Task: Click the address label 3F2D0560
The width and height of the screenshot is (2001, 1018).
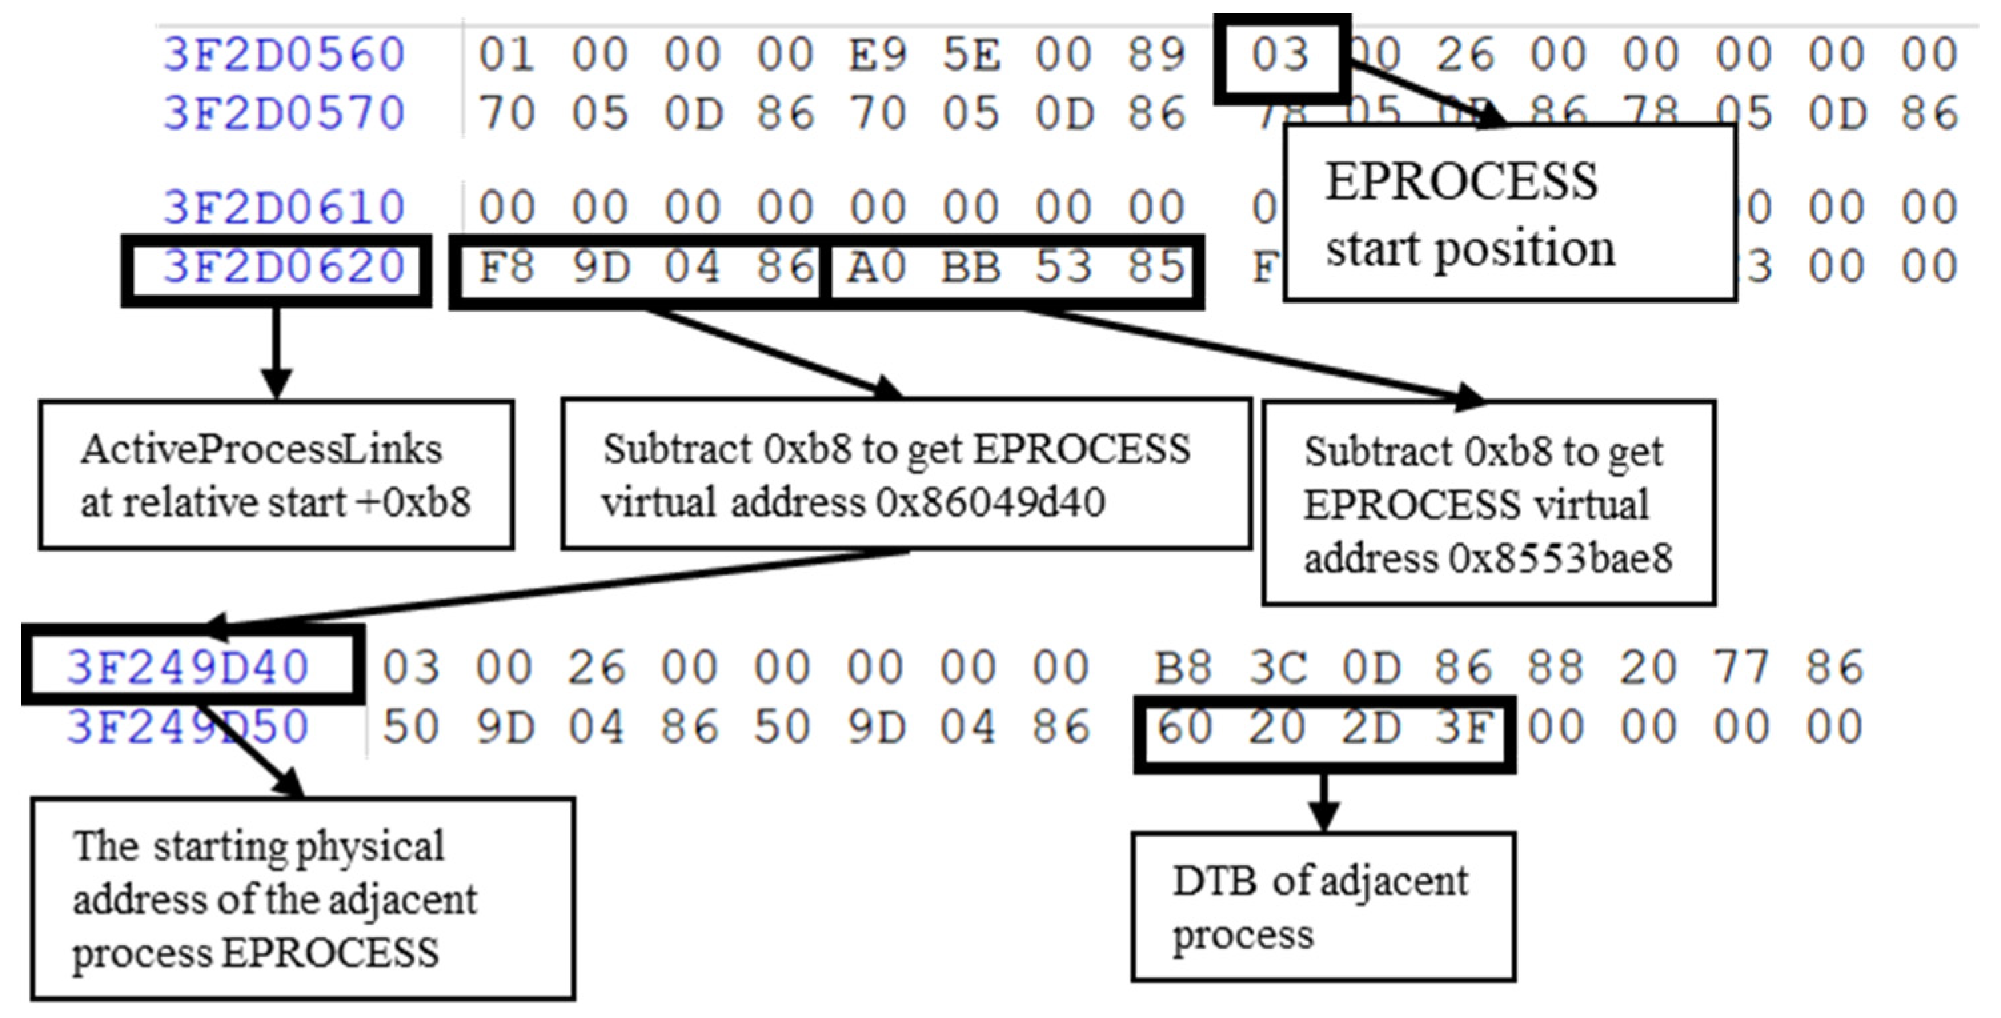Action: pos(284,55)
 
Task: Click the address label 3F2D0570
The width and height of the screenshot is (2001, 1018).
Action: pos(284,113)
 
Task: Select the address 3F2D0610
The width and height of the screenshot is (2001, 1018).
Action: pos(284,207)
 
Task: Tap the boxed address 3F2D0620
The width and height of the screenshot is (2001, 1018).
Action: pos(284,268)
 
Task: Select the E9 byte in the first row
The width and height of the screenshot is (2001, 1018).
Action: pos(878,55)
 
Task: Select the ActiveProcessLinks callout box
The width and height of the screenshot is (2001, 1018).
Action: pos(276,476)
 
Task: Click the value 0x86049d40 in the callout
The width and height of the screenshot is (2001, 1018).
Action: pos(991,503)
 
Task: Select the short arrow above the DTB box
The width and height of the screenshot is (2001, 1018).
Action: pos(1324,804)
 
